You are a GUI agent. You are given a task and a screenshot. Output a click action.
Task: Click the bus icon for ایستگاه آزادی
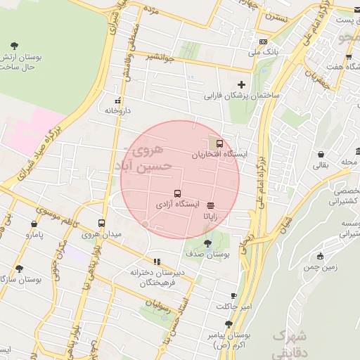pyautogui.click(x=176, y=193)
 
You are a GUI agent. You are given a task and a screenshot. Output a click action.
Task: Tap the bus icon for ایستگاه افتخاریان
pyautogui.click(x=219, y=143)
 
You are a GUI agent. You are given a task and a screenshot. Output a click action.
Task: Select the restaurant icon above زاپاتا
pyautogui.click(x=212, y=205)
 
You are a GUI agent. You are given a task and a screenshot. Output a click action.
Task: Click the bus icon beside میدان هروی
pyautogui.click(x=102, y=223)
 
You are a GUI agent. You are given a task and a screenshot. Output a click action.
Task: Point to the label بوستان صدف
pyautogui.click(x=205, y=253)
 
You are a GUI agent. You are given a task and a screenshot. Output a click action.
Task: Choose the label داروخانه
pyautogui.click(x=119, y=110)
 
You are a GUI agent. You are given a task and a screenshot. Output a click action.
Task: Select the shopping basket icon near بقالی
pyautogui.click(x=321, y=154)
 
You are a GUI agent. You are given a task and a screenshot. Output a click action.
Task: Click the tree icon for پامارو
pyautogui.click(x=31, y=224)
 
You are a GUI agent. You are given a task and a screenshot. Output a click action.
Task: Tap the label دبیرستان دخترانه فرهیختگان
pyautogui.click(x=157, y=278)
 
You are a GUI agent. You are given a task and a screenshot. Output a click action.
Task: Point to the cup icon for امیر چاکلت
pyautogui.click(x=234, y=296)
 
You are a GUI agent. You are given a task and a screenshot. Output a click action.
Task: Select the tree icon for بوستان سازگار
pyautogui.click(x=19, y=268)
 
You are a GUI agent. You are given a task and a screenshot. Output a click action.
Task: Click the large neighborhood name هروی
pyautogui.click(x=148, y=150)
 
